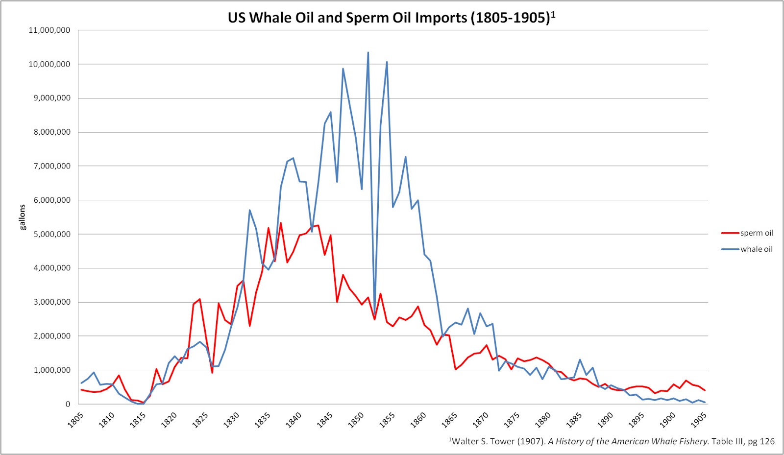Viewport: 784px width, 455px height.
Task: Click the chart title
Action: (x=389, y=18)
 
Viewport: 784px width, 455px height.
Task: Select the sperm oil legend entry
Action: (x=757, y=233)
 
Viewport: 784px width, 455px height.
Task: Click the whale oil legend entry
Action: (x=756, y=249)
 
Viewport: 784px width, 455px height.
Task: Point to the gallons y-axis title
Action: (x=22, y=217)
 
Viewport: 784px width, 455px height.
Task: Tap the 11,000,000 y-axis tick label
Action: (x=49, y=30)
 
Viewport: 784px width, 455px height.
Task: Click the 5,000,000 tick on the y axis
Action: (x=49, y=234)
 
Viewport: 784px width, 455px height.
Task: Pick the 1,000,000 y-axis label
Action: (x=49, y=370)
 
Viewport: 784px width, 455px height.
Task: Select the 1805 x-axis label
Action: (x=75, y=420)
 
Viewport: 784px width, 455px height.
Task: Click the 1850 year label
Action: (x=356, y=420)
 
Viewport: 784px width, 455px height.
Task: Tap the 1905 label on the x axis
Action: (x=698, y=420)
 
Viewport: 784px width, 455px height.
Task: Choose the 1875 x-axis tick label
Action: (x=511, y=420)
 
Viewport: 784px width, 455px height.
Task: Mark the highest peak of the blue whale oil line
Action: (x=368, y=53)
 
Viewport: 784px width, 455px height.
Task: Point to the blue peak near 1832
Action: (x=250, y=210)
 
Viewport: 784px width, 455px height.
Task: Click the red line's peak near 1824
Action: (x=199, y=299)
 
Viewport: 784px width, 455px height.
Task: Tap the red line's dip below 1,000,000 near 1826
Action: (x=212, y=373)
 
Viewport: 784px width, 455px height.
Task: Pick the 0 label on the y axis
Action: (x=68, y=404)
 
